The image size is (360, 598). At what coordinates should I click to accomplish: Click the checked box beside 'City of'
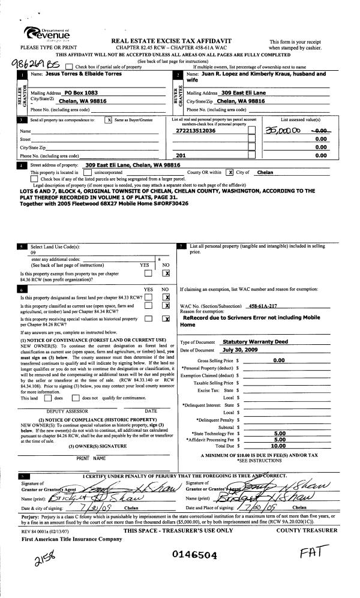click(x=229, y=172)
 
